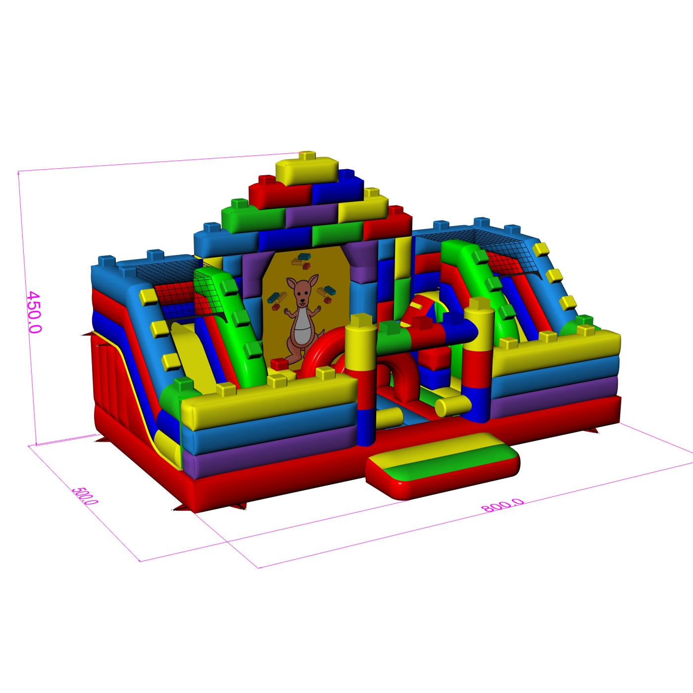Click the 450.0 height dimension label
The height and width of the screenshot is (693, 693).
[35, 312]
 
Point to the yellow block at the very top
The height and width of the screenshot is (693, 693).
[307, 170]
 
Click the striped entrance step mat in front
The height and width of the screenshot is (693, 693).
[443, 465]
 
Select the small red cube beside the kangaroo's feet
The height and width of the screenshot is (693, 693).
[280, 364]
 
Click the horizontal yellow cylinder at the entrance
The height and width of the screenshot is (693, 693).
[453, 405]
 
